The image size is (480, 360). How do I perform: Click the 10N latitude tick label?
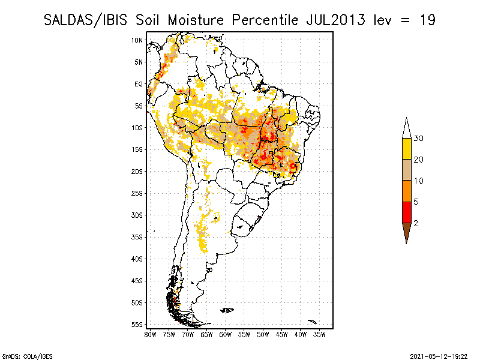click(x=137, y=40)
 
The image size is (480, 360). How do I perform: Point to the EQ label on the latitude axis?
click(x=139, y=84)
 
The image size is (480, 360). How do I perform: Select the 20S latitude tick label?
click(x=137, y=172)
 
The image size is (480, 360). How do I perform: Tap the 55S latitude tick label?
click(x=137, y=325)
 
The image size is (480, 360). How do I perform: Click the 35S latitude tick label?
click(x=137, y=237)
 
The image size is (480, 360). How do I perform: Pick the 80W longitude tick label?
click(x=150, y=334)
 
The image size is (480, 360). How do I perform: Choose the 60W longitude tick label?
click(x=226, y=334)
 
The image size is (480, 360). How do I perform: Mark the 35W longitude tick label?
click(x=320, y=334)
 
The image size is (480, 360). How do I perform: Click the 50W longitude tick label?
click(x=263, y=334)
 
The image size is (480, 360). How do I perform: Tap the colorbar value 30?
click(x=419, y=139)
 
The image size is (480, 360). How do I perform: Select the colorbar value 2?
click(x=416, y=223)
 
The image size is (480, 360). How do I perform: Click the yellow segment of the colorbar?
click(x=406, y=149)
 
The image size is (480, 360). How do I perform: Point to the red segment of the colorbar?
click(x=406, y=212)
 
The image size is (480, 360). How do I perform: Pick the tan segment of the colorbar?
click(x=406, y=170)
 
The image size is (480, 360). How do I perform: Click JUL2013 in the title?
click(x=335, y=20)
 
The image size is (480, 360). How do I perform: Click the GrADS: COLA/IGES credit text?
click(x=23, y=356)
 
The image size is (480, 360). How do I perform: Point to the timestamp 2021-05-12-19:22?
click(x=437, y=356)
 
